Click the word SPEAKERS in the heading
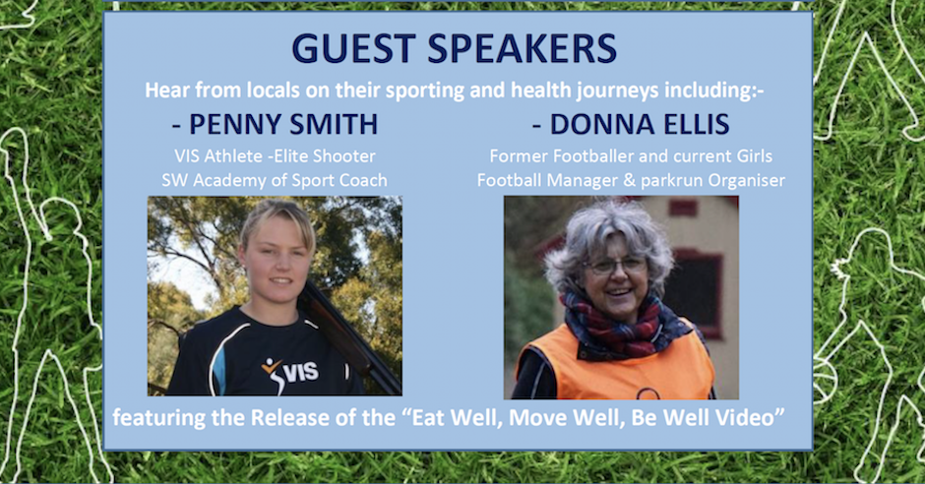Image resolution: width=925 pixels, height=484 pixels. (x=523, y=48)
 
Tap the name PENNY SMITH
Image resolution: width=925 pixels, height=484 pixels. (x=282, y=124)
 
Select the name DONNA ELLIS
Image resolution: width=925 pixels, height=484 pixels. (x=640, y=124)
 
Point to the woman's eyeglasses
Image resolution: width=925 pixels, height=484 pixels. (x=616, y=266)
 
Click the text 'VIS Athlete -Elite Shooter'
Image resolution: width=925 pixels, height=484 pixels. (x=275, y=155)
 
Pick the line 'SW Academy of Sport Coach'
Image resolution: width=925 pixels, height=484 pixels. (x=275, y=180)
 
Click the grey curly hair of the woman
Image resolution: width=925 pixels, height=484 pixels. (x=607, y=236)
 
